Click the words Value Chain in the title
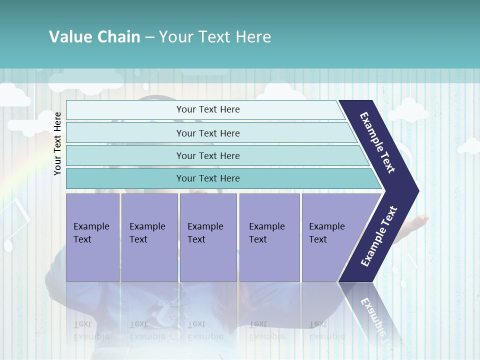94,37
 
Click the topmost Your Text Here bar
207,109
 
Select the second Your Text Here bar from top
207,133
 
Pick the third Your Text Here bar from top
207,155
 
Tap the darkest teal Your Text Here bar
207,178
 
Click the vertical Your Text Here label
57,143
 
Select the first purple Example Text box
92,237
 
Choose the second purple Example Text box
149,237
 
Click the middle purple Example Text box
208,237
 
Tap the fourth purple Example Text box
269,237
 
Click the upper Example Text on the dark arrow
377,142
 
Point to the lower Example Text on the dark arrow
379,236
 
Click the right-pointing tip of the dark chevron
416,190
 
